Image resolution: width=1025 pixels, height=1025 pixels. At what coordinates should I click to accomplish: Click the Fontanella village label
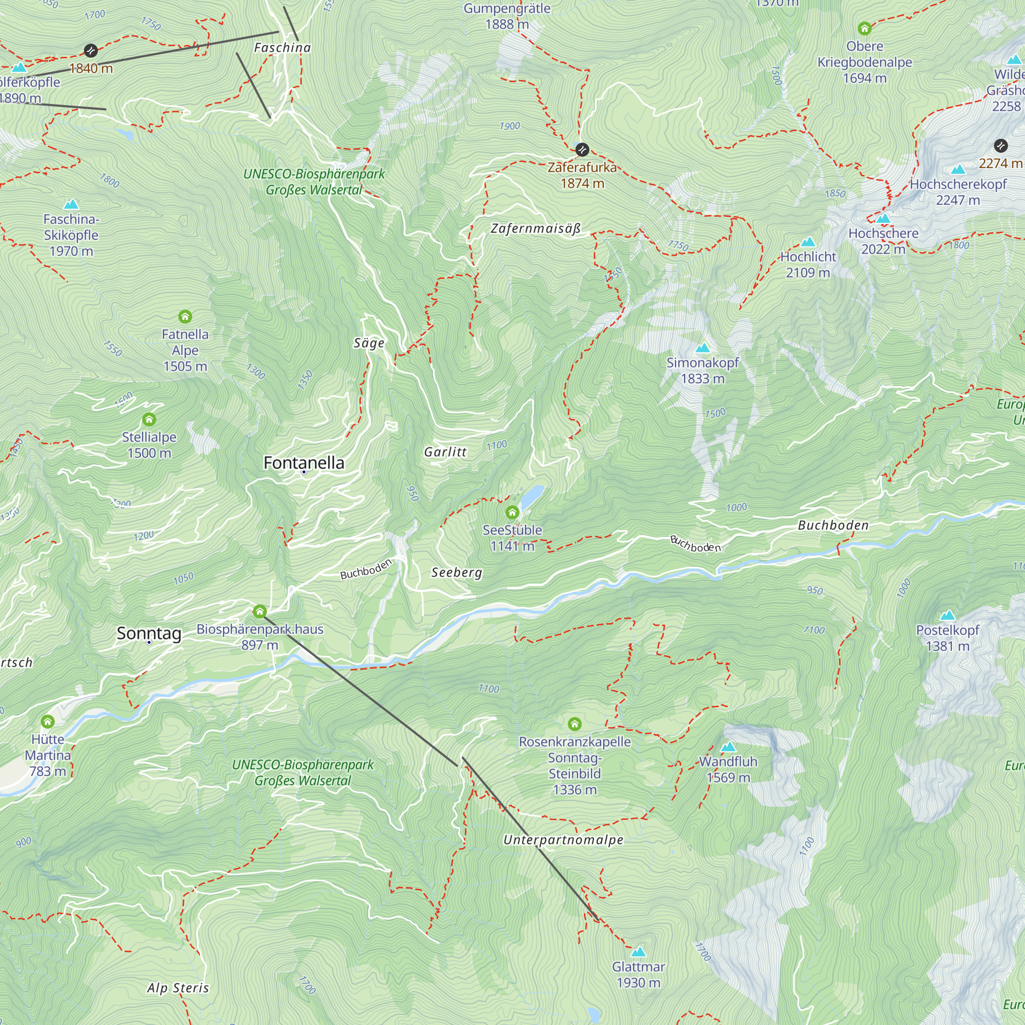point(304,463)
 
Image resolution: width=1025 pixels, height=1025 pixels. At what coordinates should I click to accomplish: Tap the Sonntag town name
point(149,633)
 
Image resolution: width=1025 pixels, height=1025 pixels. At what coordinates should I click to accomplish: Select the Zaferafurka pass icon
point(582,150)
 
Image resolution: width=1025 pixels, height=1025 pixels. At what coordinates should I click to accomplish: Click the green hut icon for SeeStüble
point(512,512)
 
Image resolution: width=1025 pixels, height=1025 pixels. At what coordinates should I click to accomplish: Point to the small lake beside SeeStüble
point(532,497)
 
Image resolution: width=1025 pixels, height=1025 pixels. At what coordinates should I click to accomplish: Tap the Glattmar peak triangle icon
point(638,952)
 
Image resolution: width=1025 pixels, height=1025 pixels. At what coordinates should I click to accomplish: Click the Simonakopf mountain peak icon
point(703,348)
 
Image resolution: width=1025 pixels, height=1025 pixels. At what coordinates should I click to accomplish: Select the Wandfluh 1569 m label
point(728,769)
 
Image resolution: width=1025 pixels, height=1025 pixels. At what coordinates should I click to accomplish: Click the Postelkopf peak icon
point(948,616)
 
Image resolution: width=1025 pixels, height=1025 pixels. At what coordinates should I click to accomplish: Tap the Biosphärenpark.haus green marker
point(259,612)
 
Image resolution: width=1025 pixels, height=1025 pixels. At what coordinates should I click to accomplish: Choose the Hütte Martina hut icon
point(48,722)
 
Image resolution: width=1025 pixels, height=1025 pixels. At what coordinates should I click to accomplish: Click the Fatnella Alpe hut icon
point(184,317)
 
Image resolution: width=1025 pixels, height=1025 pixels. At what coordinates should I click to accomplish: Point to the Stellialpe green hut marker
point(149,420)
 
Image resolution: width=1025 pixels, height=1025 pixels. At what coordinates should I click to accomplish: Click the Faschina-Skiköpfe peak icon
point(71,204)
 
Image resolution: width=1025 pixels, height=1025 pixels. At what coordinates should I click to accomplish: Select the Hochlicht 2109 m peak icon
point(808,242)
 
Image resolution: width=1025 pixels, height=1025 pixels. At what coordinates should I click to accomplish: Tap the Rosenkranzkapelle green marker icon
point(575,724)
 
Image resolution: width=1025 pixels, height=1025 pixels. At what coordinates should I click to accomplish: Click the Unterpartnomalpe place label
point(563,840)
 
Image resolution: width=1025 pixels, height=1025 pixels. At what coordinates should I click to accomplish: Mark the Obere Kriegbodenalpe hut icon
point(864,28)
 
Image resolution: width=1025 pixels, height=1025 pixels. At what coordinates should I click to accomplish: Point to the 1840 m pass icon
point(91,50)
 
